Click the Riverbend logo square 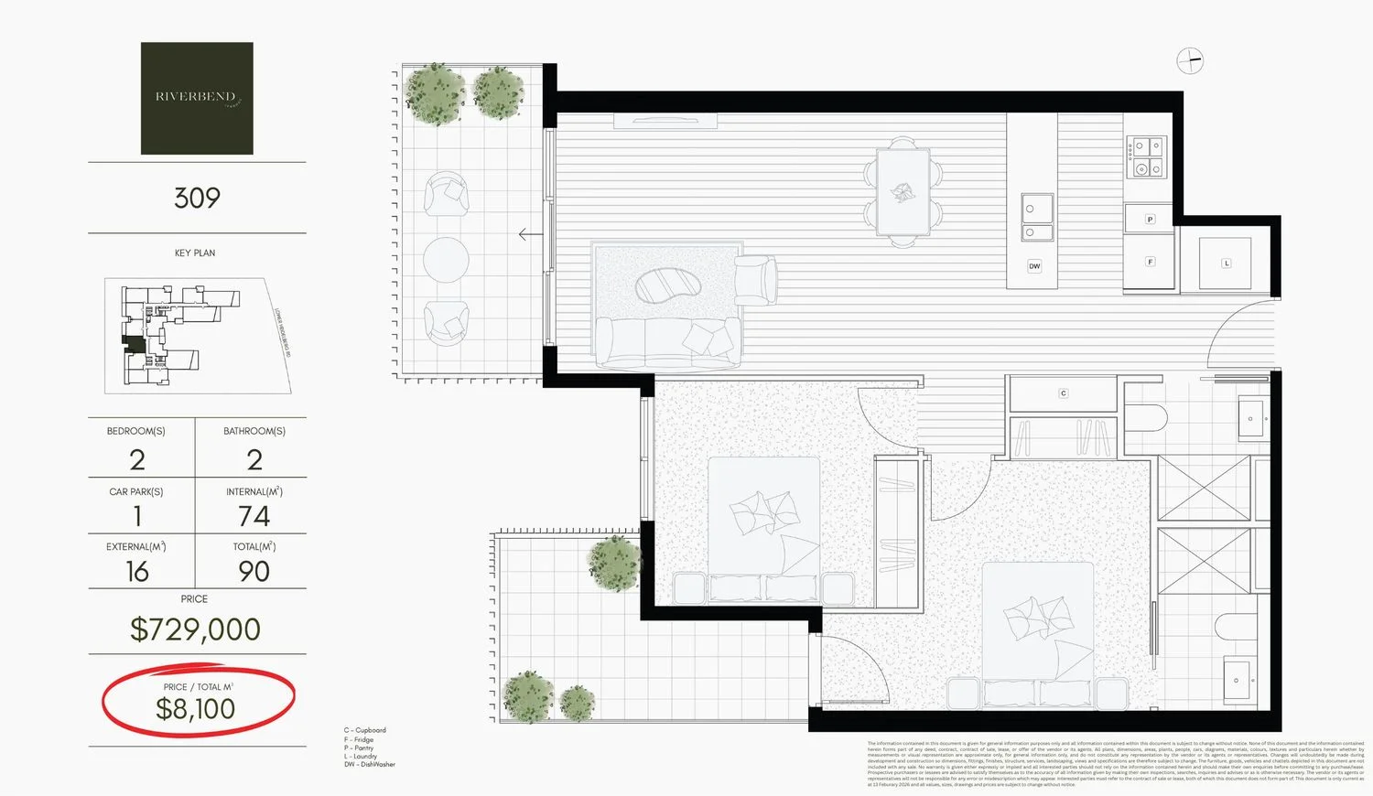(x=197, y=98)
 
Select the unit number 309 (x=197, y=198)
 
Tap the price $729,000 (x=195, y=629)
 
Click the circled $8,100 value (x=196, y=709)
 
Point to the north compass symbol (x=1189, y=61)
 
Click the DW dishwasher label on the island (x=1034, y=266)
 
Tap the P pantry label (x=1150, y=220)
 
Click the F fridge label (x=1150, y=262)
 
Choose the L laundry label (x=1227, y=264)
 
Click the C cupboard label (x=1063, y=393)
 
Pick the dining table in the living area (x=903, y=192)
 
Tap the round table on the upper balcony (x=446, y=259)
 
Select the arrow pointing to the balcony (x=529, y=234)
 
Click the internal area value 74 (x=254, y=517)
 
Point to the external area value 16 (x=136, y=572)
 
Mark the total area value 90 (x=254, y=572)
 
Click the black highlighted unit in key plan (x=134, y=343)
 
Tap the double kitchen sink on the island (x=1037, y=221)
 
